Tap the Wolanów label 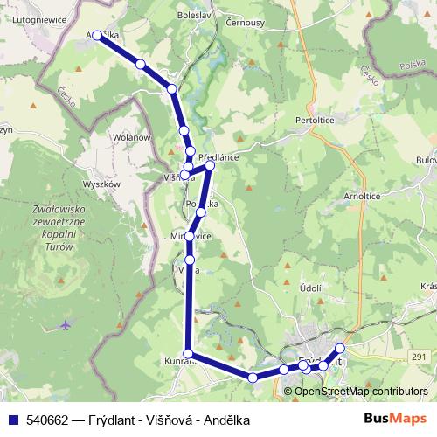point(133,137)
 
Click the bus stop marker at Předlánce point(210,164)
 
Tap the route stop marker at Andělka point(97,35)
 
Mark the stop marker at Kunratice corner point(187,352)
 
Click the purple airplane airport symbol point(66,325)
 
